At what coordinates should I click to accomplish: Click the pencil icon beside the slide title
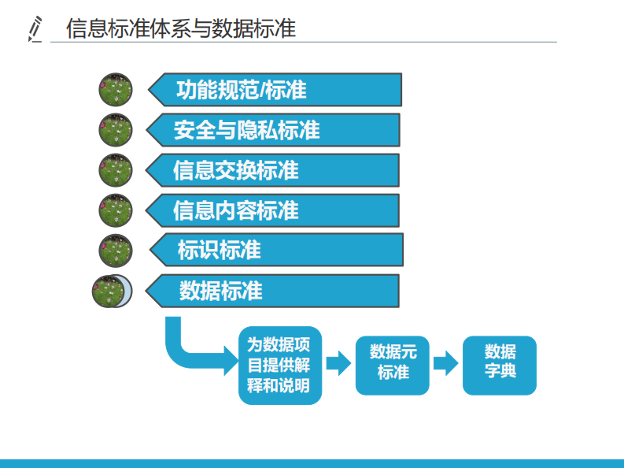(x=35, y=28)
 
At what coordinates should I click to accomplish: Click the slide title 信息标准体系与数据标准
(x=181, y=28)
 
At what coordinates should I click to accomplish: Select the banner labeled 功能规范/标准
(x=275, y=90)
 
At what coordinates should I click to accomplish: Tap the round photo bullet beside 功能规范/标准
(x=116, y=90)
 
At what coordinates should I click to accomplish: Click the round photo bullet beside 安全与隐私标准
(x=116, y=129)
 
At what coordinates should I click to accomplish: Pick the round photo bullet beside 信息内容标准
(x=116, y=210)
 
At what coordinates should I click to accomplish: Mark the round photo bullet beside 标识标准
(x=116, y=251)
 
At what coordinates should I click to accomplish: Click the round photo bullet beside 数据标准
(x=111, y=291)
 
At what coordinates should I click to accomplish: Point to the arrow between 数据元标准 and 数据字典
(x=445, y=363)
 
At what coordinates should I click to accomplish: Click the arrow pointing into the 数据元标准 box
(x=338, y=363)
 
